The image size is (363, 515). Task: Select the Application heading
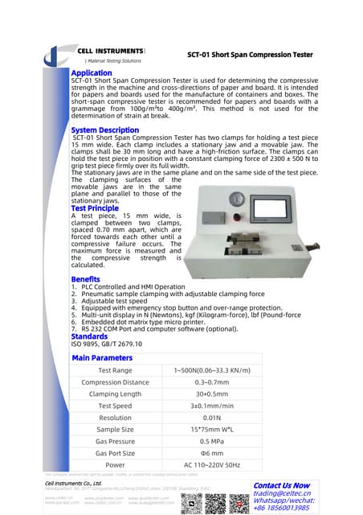click(x=92, y=72)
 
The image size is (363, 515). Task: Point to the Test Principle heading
click(x=95, y=208)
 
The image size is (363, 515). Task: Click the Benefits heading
click(x=87, y=278)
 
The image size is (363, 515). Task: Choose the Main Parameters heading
click(x=102, y=357)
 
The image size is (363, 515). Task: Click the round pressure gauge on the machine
click(x=237, y=200)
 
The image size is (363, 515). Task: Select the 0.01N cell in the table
click(x=212, y=418)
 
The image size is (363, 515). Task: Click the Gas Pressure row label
click(x=115, y=442)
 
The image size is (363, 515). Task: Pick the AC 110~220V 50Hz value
click(x=212, y=464)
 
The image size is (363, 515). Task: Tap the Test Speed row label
click(x=115, y=406)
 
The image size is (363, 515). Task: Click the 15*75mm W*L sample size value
click(x=212, y=430)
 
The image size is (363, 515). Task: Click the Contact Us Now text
click(x=281, y=485)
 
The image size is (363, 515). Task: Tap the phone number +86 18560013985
click(x=287, y=509)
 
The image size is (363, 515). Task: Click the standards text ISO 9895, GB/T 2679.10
click(x=107, y=344)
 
